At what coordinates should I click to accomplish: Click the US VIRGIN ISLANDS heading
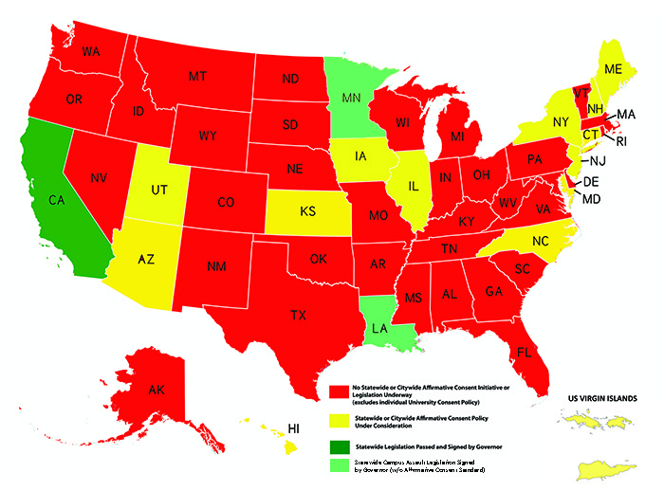click(x=607, y=398)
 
